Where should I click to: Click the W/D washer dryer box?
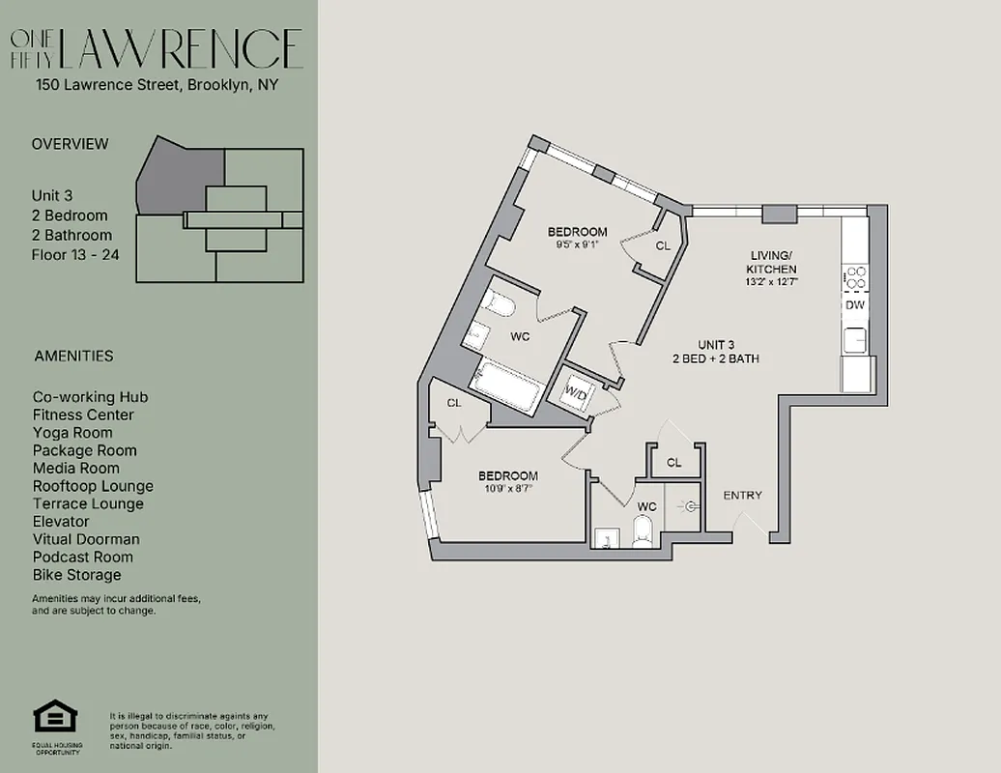tap(577, 393)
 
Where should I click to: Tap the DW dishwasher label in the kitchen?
tap(854, 305)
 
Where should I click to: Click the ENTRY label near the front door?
tap(742, 496)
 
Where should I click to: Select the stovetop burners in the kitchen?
tap(855, 278)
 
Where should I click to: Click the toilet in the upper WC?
tap(500, 305)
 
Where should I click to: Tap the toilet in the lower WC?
tap(643, 530)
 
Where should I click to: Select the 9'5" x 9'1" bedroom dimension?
tap(577, 245)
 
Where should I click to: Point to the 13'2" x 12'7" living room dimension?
tap(773, 282)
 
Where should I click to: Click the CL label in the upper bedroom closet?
tap(663, 246)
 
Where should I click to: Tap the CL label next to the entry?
tap(674, 463)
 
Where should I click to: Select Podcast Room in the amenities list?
tap(84, 557)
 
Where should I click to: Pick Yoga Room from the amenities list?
tap(72, 433)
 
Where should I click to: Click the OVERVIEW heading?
tap(70, 144)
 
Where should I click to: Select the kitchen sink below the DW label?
tap(855, 340)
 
